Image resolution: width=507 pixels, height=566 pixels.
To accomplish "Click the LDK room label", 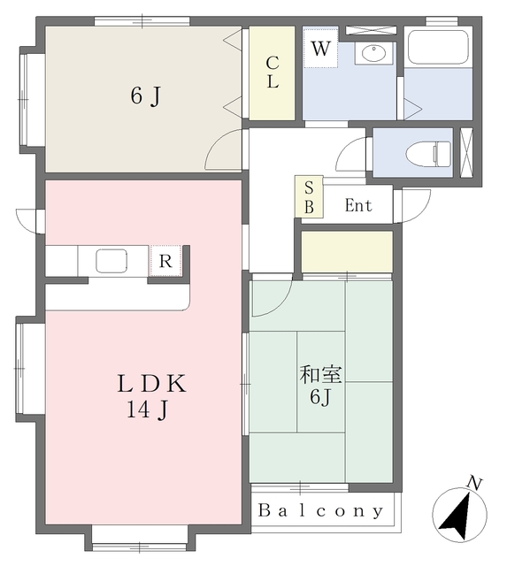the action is tap(151, 384).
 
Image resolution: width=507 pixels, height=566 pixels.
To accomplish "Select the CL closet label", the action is tap(273, 73).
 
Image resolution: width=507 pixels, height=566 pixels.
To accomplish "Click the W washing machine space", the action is tap(320, 49).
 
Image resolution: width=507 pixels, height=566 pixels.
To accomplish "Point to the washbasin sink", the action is tap(373, 54).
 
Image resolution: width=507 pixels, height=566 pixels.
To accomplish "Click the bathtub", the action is tap(438, 47).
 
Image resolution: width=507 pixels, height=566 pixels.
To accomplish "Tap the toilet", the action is tap(428, 153).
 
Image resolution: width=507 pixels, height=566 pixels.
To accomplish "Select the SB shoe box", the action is tap(309, 196).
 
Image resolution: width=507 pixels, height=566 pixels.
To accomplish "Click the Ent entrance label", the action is tap(358, 205).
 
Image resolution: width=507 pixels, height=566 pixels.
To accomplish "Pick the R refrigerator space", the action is tap(165, 261).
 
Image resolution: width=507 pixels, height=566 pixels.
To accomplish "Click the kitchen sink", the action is tap(111, 261).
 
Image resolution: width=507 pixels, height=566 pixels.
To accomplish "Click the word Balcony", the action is tap(320, 510).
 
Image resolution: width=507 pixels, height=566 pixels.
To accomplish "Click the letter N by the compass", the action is tap(475, 483).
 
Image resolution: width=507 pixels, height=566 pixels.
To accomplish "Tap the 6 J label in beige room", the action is tap(145, 96).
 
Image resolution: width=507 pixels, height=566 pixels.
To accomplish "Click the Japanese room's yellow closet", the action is tap(347, 251).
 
